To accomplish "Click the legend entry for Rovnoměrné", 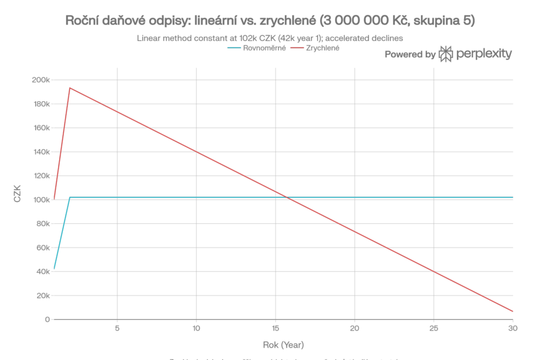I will pyautogui.click(x=256, y=48).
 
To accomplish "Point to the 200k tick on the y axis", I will pyautogui.click(x=41, y=80).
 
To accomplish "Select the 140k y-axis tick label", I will pyautogui.click(x=41, y=152).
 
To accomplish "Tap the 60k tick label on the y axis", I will pyautogui.click(x=42, y=248).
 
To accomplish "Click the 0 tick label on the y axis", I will pyautogui.click(x=47, y=319).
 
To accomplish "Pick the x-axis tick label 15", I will pyautogui.click(x=275, y=328).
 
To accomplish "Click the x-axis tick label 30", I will pyautogui.click(x=513, y=328).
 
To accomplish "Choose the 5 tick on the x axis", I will pyautogui.click(x=117, y=328).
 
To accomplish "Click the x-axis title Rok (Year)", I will pyautogui.click(x=283, y=345).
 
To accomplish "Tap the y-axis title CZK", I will pyautogui.click(x=17, y=200).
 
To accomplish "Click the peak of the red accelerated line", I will pyautogui.click(x=70, y=88).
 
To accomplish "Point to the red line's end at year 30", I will pyautogui.click(x=513, y=312).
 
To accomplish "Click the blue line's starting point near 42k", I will pyautogui.click(x=54, y=269).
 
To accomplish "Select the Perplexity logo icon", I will pyautogui.click(x=446, y=54).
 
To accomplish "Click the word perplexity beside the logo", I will pyautogui.click(x=484, y=54).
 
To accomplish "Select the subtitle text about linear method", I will pyautogui.click(x=269, y=38).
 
